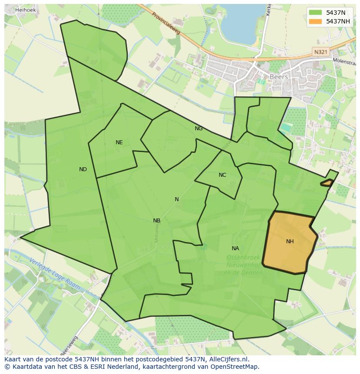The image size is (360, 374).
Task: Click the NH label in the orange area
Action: pos(290,242)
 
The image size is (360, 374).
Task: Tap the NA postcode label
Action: pos(235,248)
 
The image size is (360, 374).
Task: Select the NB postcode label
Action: pos(157,221)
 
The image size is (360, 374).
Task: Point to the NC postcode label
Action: pos(222,175)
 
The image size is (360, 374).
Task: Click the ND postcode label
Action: pos(83,169)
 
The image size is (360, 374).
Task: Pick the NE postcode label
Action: pos(119,142)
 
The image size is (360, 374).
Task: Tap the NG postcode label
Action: pos(198,129)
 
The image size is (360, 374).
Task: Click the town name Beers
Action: pos(279,77)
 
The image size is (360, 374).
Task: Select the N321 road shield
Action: pos(320,52)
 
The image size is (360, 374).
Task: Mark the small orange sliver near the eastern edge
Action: pos(327,183)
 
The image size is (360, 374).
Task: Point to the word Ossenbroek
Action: pos(243,257)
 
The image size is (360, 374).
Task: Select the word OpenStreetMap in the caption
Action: pos(234,367)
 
